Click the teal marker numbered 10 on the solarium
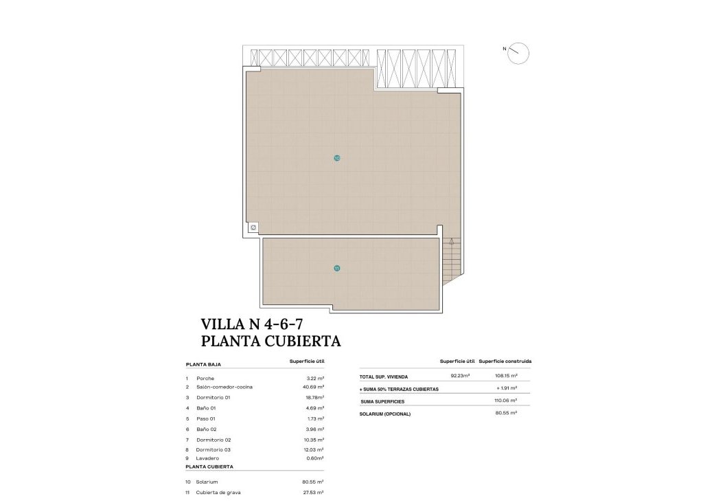(336, 158)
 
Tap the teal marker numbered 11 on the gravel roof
(336, 268)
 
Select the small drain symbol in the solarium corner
(253, 227)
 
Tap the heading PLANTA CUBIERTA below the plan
(270, 340)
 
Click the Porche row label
(205, 379)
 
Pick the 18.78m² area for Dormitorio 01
(315, 397)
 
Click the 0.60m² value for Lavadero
(315, 458)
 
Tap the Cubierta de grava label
(218, 492)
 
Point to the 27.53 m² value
(315, 492)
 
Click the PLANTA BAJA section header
(203, 365)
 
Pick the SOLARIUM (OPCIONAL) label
(385, 414)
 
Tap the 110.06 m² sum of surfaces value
(505, 400)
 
